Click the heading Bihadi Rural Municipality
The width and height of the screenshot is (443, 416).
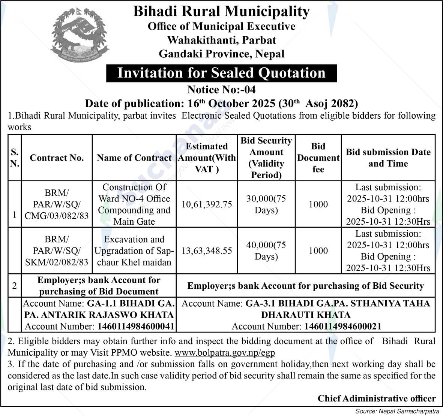[x=221, y=12]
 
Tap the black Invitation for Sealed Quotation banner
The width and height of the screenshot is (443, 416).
[x=221, y=73]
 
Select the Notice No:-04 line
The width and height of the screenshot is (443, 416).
[x=221, y=90]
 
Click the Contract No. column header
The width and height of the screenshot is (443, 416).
[x=57, y=158]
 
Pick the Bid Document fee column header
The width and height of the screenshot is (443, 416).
[x=318, y=158]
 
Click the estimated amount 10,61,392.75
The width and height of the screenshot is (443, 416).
[x=207, y=204]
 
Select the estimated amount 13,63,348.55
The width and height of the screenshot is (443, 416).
[x=207, y=251]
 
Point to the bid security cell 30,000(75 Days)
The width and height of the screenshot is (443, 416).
[x=266, y=204]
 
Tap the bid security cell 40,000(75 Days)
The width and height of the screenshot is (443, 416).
[x=266, y=251]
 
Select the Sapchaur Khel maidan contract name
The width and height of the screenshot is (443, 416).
[x=134, y=251]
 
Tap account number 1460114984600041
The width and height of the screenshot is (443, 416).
[x=136, y=327]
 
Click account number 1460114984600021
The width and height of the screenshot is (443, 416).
[x=342, y=327]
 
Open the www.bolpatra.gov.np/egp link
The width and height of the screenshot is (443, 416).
[x=225, y=353]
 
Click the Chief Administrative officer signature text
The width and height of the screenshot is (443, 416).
[x=377, y=398]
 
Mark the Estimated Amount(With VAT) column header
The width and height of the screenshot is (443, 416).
[x=207, y=158]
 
